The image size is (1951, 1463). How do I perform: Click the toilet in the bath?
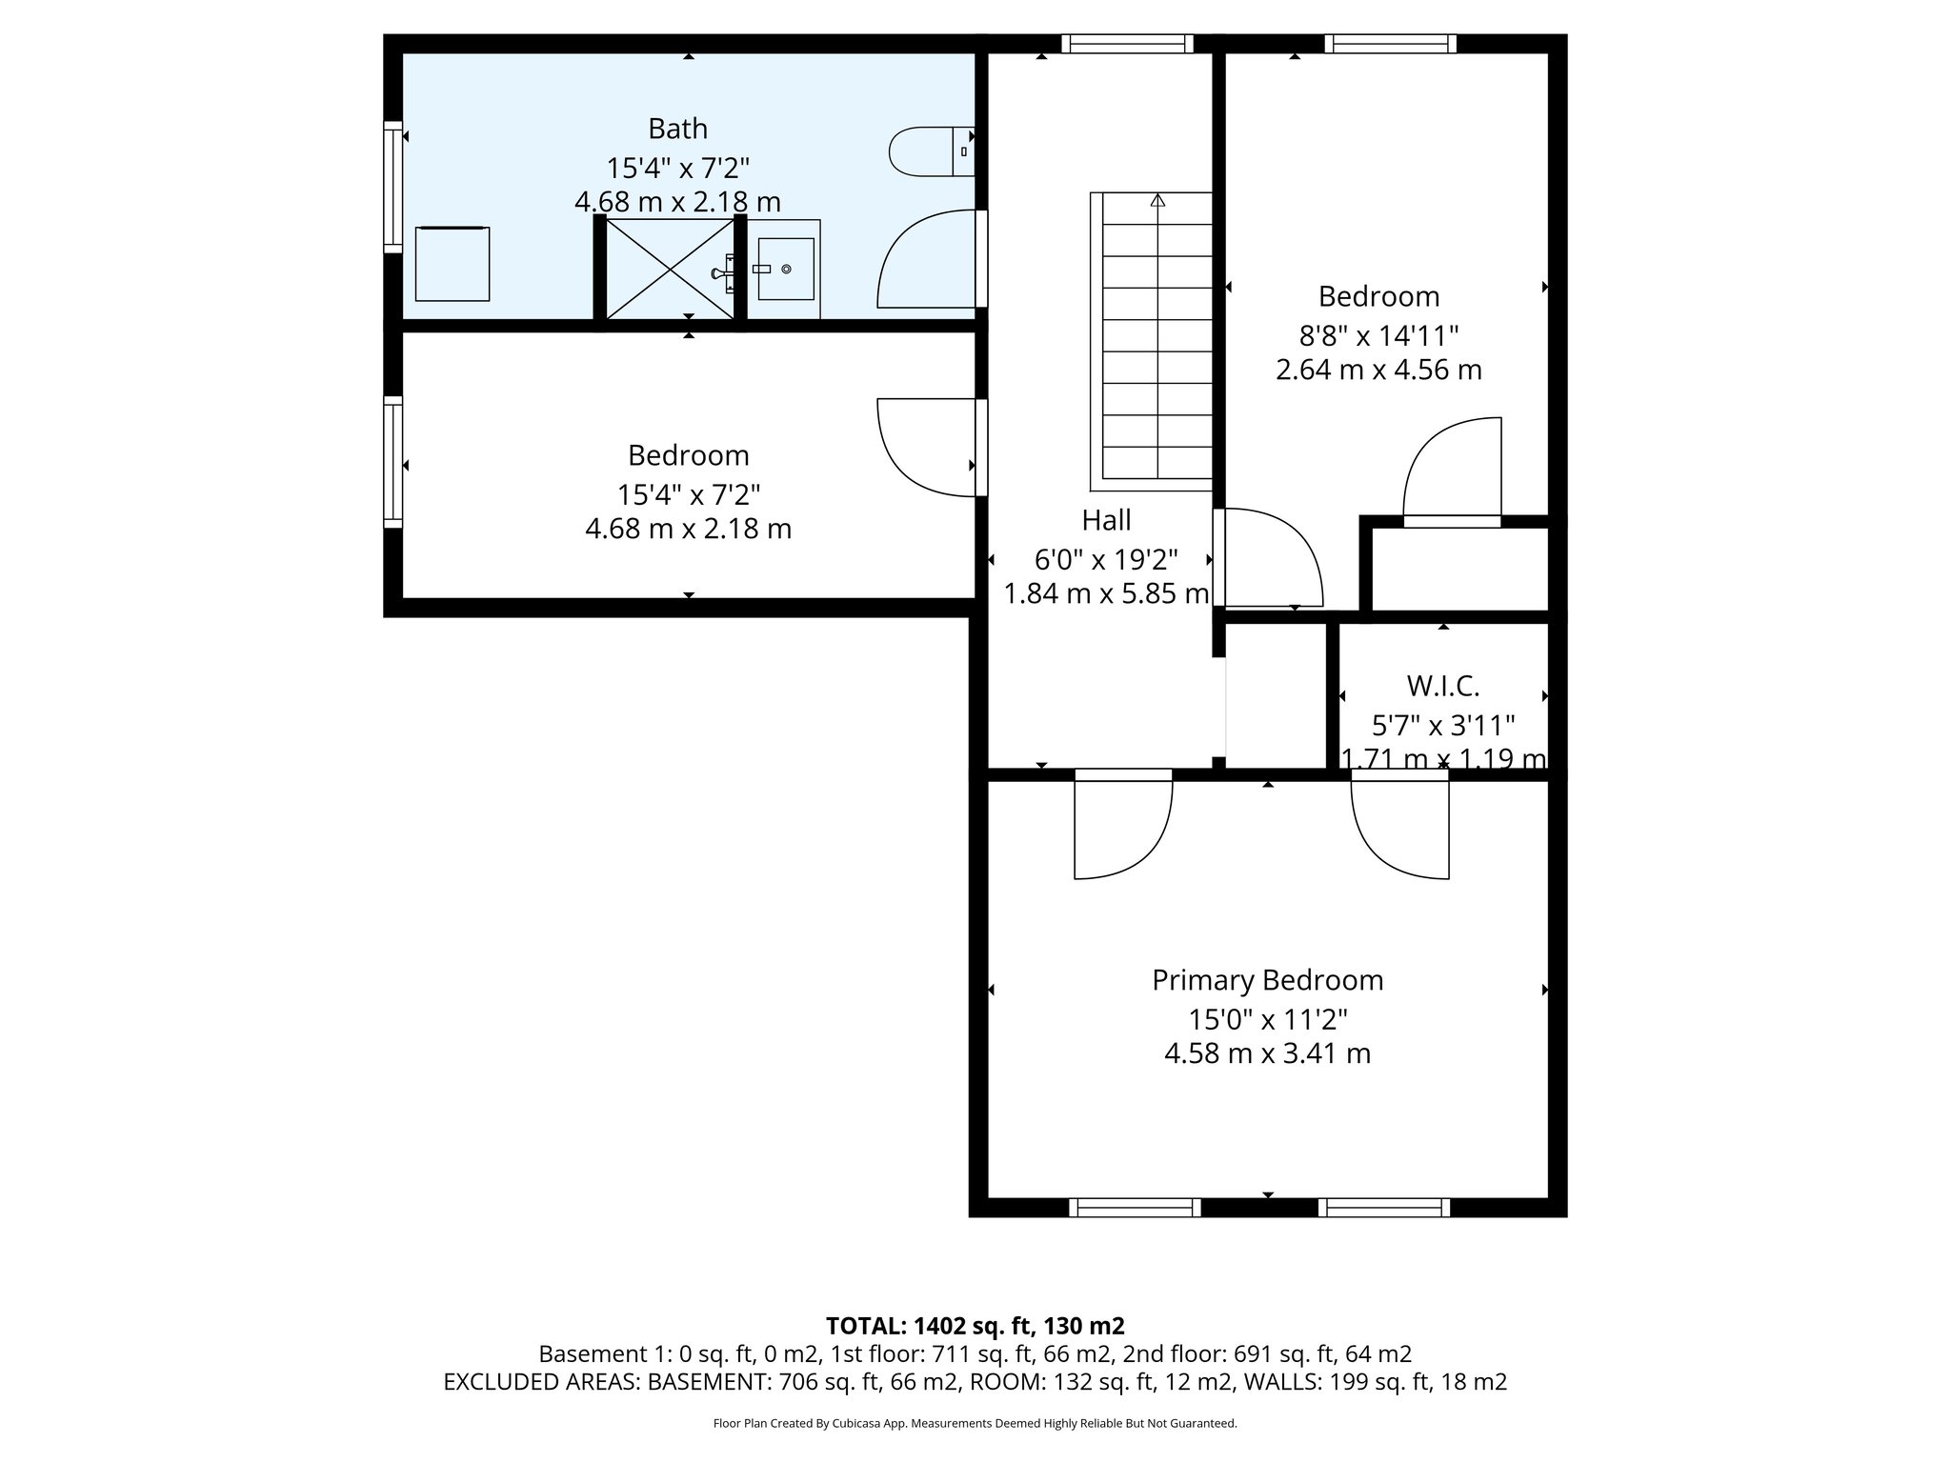click(929, 151)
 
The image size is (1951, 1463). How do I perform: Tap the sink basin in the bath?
click(785, 270)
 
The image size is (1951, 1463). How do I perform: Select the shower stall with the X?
click(671, 270)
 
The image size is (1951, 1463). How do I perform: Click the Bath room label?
click(677, 128)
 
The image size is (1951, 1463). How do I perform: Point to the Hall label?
click(1106, 520)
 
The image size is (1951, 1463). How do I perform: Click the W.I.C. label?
click(1442, 686)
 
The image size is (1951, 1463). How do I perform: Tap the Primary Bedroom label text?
click(1267, 980)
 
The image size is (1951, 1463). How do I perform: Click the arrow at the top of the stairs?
click(1157, 201)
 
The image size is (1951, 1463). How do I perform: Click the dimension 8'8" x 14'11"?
click(1378, 335)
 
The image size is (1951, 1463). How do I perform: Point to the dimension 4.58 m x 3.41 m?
click(1267, 1053)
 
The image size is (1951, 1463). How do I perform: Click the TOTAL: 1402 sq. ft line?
click(975, 1326)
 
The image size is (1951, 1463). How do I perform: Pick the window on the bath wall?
click(392, 187)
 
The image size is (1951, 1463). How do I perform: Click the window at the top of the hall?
click(1127, 44)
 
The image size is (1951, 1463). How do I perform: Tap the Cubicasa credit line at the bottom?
click(975, 1424)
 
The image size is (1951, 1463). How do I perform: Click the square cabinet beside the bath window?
click(453, 264)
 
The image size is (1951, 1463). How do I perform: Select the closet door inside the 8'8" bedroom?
click(1452, 471)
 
